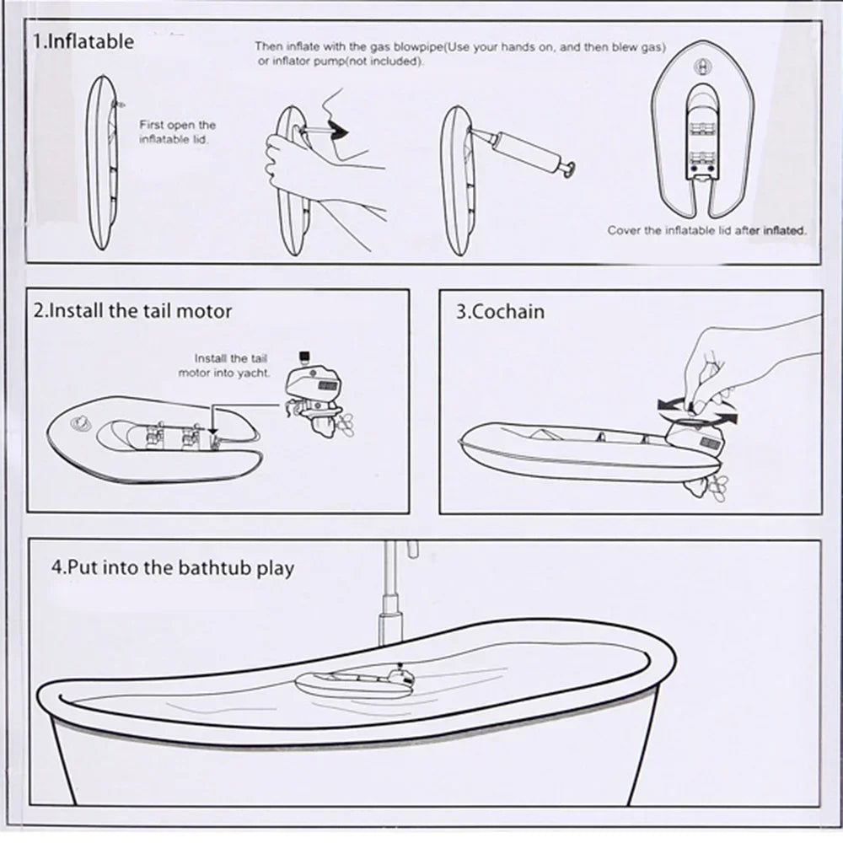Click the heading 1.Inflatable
click(x=83, y=41)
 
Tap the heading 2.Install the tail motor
click(x=132, y=311)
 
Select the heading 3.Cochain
click(x=500, y=311)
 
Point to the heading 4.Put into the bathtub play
click(x=173, y=567)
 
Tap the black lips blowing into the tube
click(x=338, y=132)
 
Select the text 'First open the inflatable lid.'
click(x=177, y=132)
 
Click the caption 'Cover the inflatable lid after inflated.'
click(x=707, y=231)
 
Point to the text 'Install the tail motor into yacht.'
click(x=224, y=366)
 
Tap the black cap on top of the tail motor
click(x=305, y=356)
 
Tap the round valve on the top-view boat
click(x=703, y=67)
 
